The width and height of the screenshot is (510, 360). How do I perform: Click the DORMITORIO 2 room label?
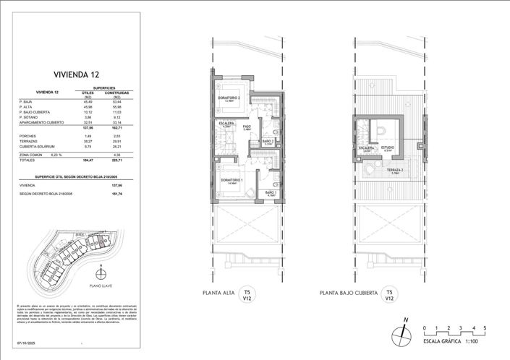tap(229, 97)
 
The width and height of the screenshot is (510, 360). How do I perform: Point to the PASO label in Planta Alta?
tap(247, 127)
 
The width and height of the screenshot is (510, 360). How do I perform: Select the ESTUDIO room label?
tap(388, 147)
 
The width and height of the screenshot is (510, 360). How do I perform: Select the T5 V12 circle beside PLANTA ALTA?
tap(247, 293)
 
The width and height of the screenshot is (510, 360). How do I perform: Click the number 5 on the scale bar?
tap(485, 328)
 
